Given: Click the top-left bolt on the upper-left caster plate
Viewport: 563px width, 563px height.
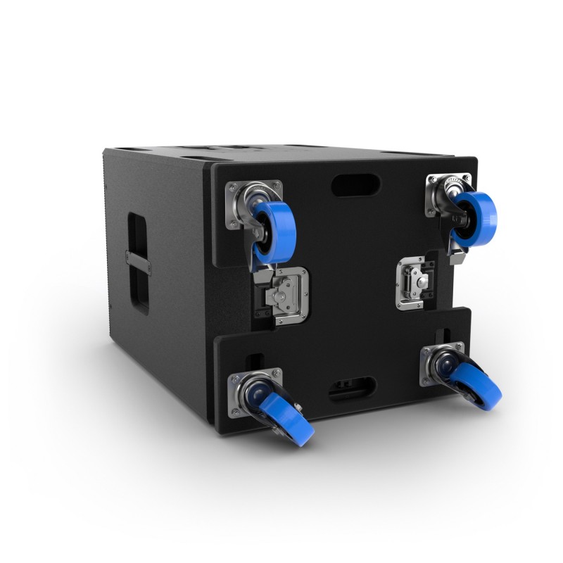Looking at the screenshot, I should point(229,187).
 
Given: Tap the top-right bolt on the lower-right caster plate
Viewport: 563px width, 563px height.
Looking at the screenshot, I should point(460,347).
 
